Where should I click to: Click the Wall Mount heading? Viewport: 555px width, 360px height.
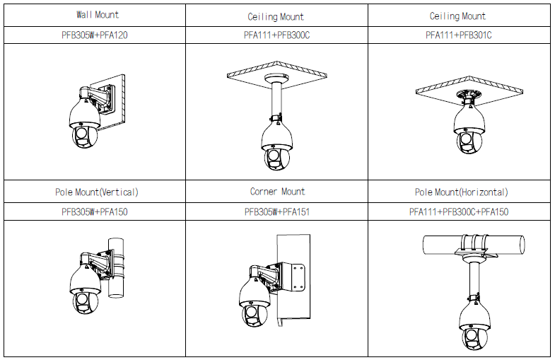[98, 15]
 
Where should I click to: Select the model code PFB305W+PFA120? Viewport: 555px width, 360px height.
[95, 35]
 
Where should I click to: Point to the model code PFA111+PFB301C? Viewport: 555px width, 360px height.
[458, 35]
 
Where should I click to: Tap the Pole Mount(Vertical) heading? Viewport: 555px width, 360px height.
[97, 192]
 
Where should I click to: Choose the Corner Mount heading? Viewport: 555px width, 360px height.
[277, 192]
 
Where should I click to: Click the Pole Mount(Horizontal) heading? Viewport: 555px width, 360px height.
[461, 192]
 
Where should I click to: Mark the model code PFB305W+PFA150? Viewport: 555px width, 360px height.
[95, 212]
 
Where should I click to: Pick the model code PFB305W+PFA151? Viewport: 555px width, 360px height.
[277, 212]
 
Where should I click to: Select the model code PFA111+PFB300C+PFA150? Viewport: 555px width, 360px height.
[459, 212]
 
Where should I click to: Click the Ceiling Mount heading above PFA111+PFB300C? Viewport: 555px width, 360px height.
[276, 17]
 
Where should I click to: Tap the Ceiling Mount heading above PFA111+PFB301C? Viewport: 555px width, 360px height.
[457, 16]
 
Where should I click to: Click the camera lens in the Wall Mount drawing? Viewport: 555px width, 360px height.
[81, 133]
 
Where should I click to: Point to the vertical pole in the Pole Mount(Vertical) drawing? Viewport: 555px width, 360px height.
[116, 267]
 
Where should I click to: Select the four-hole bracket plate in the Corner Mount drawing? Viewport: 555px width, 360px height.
[298, 277]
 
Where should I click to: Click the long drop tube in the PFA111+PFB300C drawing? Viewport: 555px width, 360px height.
[276, 100]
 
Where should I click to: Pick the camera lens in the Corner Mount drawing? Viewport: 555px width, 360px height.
[251, 313]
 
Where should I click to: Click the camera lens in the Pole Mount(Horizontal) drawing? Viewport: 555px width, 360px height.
[471, 335]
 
